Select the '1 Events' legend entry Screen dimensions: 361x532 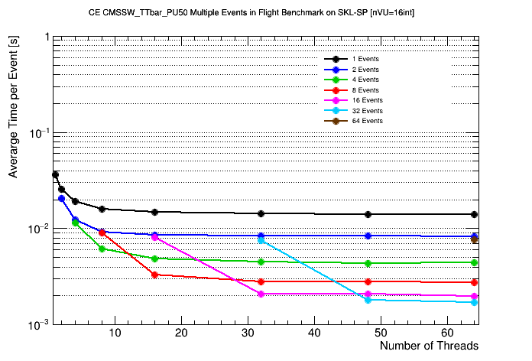coord(365,59)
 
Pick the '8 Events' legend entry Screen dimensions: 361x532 coord(365,89)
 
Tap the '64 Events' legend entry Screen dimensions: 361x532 coord(367,121)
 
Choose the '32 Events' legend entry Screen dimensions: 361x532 coord(367,110)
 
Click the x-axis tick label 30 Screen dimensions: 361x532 coord(248,333)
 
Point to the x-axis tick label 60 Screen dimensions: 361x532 coord(448,333)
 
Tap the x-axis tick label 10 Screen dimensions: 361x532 coord(114,333)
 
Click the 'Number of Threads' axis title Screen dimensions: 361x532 coord(429,346)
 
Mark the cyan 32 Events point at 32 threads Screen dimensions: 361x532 coord(261,240)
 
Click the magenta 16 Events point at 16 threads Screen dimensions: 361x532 coord(154,237)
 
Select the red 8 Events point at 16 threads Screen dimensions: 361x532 coord(154,275)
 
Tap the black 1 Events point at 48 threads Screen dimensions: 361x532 coord(368,214)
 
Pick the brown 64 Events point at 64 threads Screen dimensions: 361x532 coord(475,240)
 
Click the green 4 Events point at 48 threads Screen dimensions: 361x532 coord(368,263)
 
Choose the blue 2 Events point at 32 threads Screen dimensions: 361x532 coord(261,236)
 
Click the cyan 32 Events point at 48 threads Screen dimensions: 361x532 coord(368,300)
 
